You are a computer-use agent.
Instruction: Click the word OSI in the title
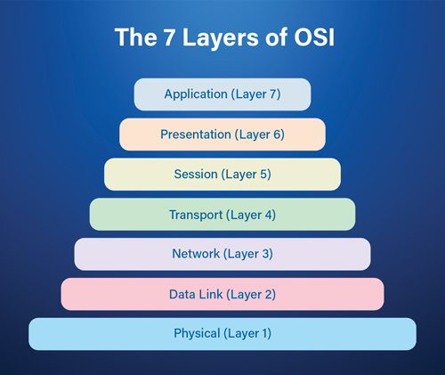pos(314,37)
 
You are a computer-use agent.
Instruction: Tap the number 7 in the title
pos(169,37)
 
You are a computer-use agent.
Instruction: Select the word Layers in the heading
pos(221,39)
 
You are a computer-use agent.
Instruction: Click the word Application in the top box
pos(196,94)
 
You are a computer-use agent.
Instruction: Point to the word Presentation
pos(196,135)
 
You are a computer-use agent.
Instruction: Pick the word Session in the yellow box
pos(196,174)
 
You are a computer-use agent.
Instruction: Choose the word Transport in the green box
pos(196,215)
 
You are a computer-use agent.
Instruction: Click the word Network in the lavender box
pos(196,254)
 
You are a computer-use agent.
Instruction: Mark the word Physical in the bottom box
pos(197,333)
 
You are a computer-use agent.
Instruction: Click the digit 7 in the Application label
pos(273,94)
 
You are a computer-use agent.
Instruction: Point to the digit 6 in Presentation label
pos(277,135)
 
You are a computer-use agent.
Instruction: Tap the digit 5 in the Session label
pos(263,174)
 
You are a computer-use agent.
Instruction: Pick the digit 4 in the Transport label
pos(269,215)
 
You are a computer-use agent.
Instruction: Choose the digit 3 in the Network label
pos(265,254)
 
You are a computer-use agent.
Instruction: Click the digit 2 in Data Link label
pos(268,294)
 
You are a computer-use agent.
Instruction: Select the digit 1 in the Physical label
pos(264,333)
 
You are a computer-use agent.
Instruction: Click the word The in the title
pos(135,37)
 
